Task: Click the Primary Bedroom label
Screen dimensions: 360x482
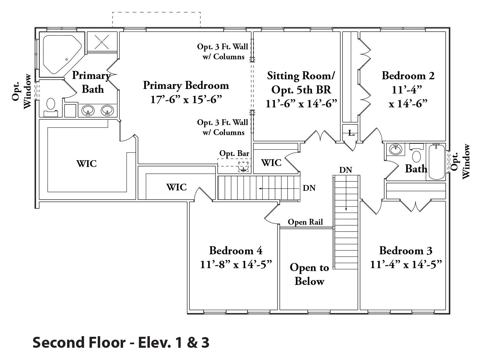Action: click(x=186, y=85)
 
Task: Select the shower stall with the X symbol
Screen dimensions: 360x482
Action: click(x=102, y=42)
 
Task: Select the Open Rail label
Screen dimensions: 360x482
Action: click(x=305, y=222)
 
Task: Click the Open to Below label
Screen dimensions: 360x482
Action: click(x=309, y=274)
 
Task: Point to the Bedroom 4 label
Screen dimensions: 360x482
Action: click(x=236, y=250)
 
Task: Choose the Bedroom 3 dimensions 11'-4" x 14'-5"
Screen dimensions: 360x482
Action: click(x=406, y=265)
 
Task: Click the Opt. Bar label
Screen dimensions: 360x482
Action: click(x=234, y=153)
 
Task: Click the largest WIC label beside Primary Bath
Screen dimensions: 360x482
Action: click(x=86, y=163)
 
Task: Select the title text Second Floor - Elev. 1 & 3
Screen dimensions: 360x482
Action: click(x=121, y=343)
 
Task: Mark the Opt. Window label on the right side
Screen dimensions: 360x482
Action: click(x=461, y=161)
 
